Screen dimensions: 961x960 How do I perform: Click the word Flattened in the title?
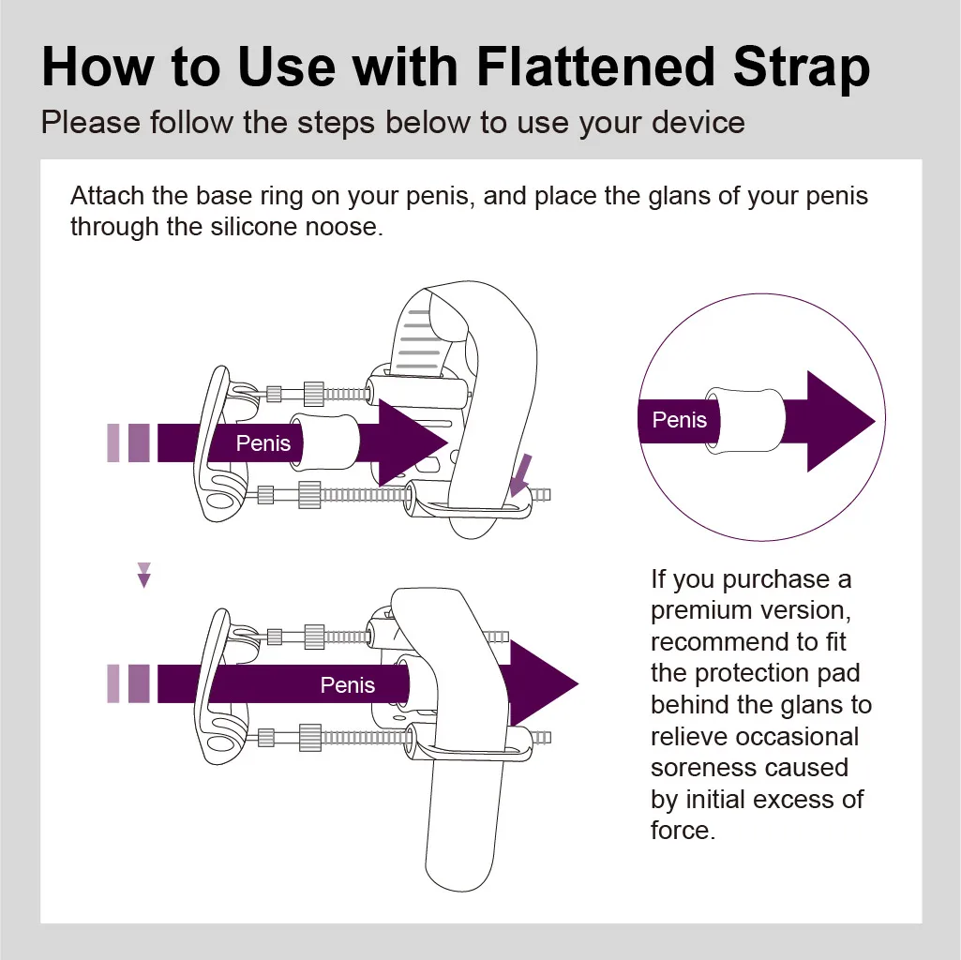point(595,67)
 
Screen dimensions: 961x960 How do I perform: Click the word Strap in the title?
point(802,68)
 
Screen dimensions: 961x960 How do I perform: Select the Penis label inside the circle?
point(679,420)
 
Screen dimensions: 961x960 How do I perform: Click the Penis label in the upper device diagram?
point(263,443)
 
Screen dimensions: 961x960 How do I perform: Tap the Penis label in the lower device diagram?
point(348,684)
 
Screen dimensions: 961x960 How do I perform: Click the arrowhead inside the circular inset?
point(841,421)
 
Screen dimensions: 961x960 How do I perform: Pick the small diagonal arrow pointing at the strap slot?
point(520,475)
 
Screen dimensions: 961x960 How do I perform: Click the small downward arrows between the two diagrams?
point(144,575)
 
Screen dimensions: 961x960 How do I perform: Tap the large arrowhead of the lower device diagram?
point(544,683)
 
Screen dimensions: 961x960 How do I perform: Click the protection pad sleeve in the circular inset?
point(745,421)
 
